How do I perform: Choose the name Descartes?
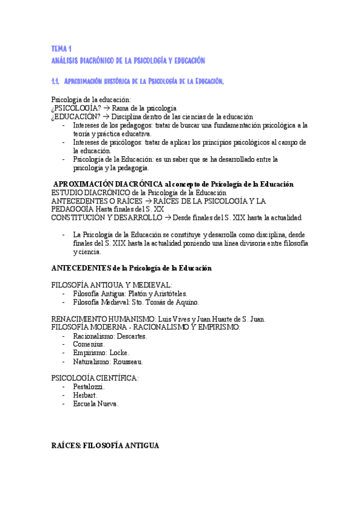[x=131, y=336]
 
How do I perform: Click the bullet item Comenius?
[x=89, y=344]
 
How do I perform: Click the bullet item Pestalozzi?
[x=89, y=386]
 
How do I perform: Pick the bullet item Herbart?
[x=85, y=395]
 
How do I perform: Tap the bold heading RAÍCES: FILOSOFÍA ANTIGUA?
[x=105, y=446]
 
